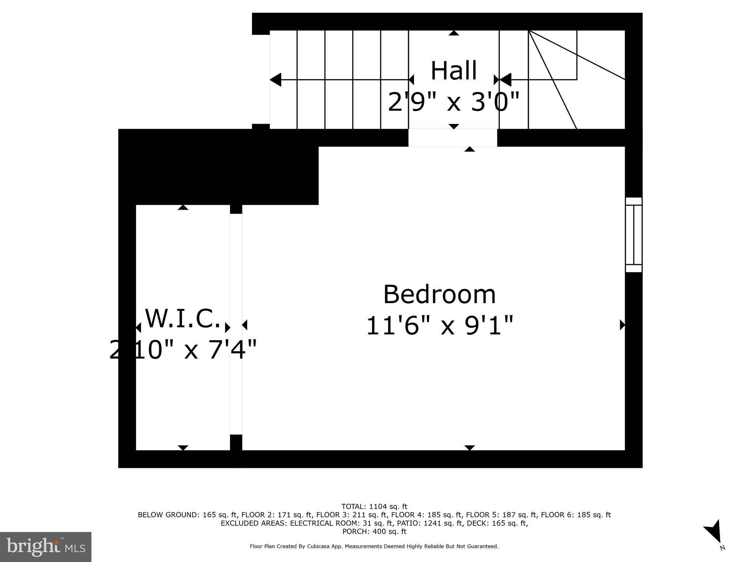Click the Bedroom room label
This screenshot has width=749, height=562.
pos(439,295)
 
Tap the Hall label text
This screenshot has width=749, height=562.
pos(453,71)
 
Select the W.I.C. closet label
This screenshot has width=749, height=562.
pos(183,318)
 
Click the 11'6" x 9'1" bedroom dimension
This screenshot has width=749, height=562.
pos(440,326)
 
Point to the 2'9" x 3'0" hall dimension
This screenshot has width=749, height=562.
pos(453,102)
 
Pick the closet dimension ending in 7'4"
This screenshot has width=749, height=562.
pos(183,350)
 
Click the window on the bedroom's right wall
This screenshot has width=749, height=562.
pos(633,235)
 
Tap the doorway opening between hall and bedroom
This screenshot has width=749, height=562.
pos(453,138)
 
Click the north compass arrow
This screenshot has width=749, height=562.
pos(714,534)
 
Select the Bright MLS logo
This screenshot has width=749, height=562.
pos(46,547)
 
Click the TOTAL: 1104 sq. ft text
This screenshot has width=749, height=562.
pos(374,507)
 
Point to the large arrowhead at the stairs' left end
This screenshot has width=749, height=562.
pos(276,80)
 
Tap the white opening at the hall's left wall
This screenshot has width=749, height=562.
pos(261,79)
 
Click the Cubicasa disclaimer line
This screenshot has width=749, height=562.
pos(374,547)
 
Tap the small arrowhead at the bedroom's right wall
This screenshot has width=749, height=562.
pos(622,325)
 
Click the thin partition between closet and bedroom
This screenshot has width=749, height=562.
pos(236,324)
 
